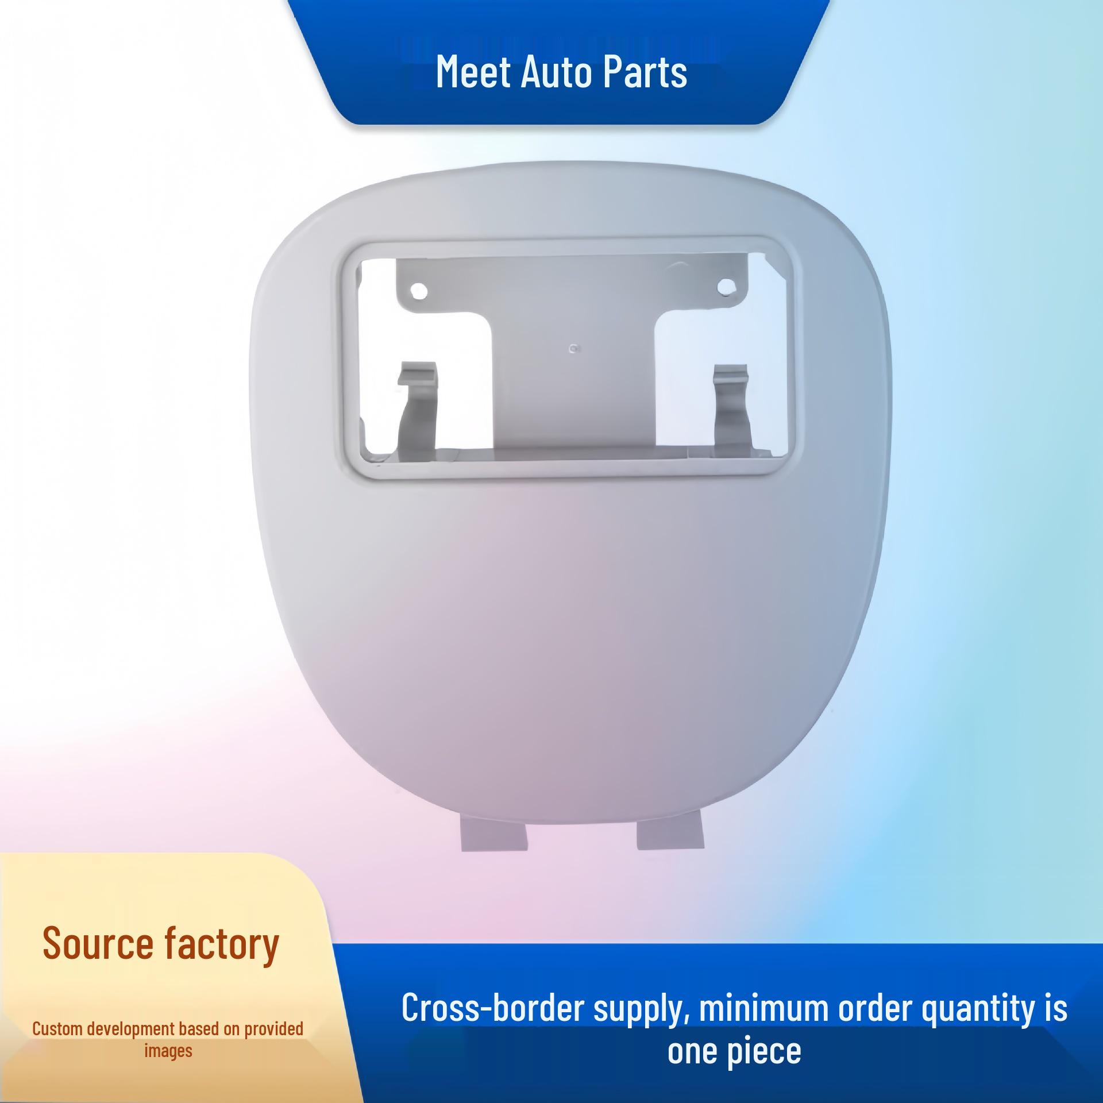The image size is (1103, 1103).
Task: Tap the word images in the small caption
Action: click(168, 1052)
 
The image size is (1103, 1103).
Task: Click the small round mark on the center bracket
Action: click(572, 349)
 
